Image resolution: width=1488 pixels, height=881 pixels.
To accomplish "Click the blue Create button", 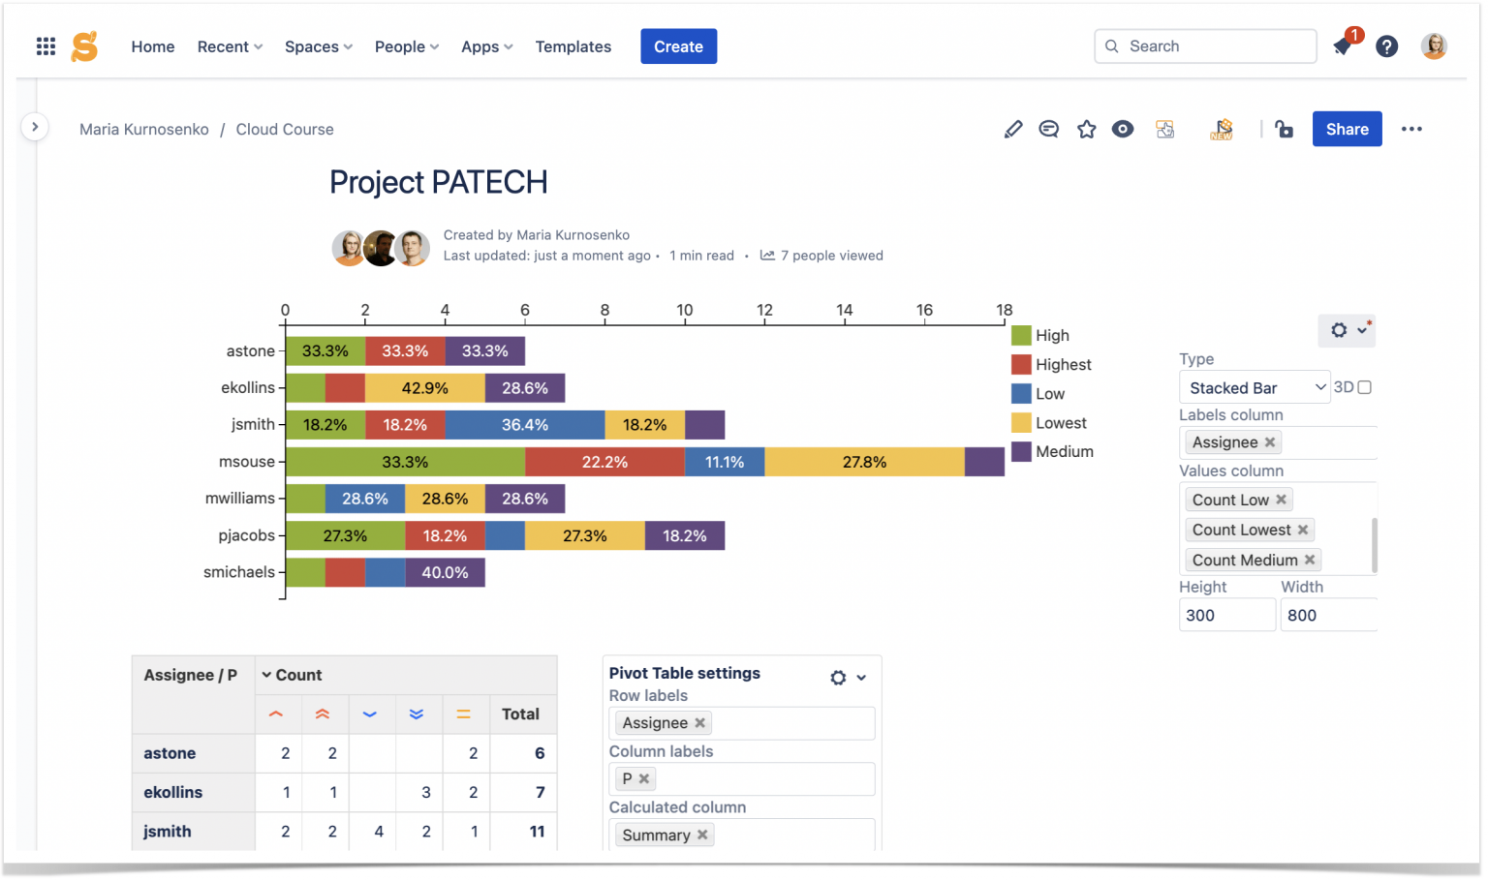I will [x=678, y=46].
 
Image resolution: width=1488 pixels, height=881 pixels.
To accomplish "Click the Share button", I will [x=1346, y=129].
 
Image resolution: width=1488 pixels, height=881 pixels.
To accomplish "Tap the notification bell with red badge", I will [x=1343, y=46].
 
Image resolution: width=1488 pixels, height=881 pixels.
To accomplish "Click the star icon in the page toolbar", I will [x=1086, y=129].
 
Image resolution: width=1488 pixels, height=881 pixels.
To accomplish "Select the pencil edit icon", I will [x=1012, y=129].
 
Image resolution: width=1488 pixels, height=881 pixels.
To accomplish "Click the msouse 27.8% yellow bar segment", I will [x=864, y=462].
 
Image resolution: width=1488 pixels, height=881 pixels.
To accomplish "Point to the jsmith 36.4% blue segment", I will [x=524, y=425].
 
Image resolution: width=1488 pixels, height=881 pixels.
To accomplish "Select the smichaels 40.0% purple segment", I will [x=445, y=572].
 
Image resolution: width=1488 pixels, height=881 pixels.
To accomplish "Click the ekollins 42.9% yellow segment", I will [x=424, y=388].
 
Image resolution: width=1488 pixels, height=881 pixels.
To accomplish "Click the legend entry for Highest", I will [x=1062, y=365].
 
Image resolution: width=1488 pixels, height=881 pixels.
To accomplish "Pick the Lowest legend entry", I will [x=1060, y=423].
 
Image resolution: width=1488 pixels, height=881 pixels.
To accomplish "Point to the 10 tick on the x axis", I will [x=684, y=311].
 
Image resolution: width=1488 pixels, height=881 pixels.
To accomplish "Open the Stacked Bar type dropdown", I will [x=1254, y=387].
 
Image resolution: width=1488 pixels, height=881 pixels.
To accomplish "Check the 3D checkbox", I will [x=1364, y=387].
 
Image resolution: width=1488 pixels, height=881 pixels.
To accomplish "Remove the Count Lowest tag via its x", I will [x=1303, y=530].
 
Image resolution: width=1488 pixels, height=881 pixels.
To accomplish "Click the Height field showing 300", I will [x=1225, y=615].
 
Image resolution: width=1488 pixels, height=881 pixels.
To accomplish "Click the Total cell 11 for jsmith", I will [x=537, y=831].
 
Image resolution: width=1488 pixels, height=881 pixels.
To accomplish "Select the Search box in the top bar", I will [x=1205, y=46].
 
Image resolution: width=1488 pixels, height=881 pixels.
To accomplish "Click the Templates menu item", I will [x=573, y=46].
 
